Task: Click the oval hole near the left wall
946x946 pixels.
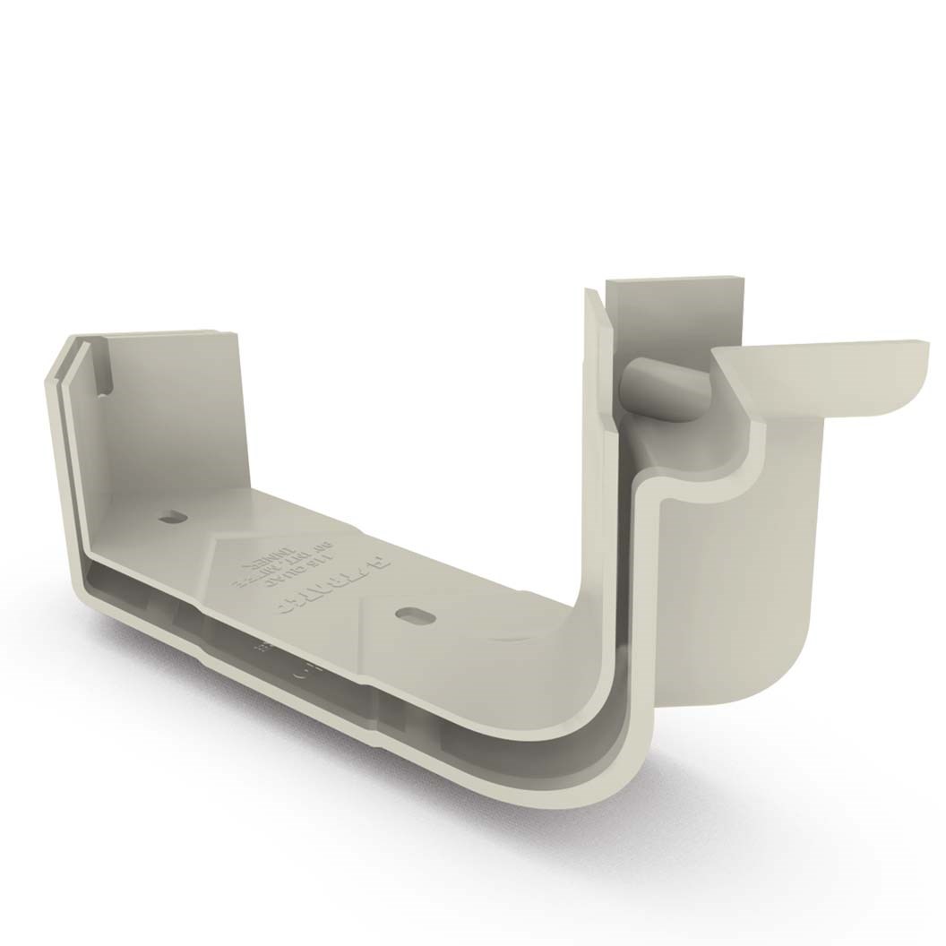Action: [x=170, y=517]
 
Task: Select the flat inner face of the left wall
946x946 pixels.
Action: [x=170, y=412]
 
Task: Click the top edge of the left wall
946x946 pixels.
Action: [x=170, y=333]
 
